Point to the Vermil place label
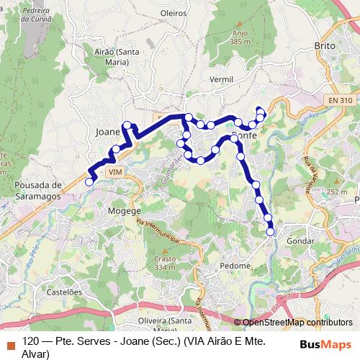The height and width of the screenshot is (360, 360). pos(220,78)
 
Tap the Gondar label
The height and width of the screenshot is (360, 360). pos(300,240)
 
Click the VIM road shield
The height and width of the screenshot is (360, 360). pos(114,173)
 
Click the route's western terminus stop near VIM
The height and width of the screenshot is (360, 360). pos(89,182)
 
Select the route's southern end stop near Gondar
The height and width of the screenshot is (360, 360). pos(271,231)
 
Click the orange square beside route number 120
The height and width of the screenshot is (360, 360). pos(9,341)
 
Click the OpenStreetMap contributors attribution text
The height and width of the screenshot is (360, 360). pos(297,323)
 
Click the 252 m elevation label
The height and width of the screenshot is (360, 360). pos(336,192)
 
